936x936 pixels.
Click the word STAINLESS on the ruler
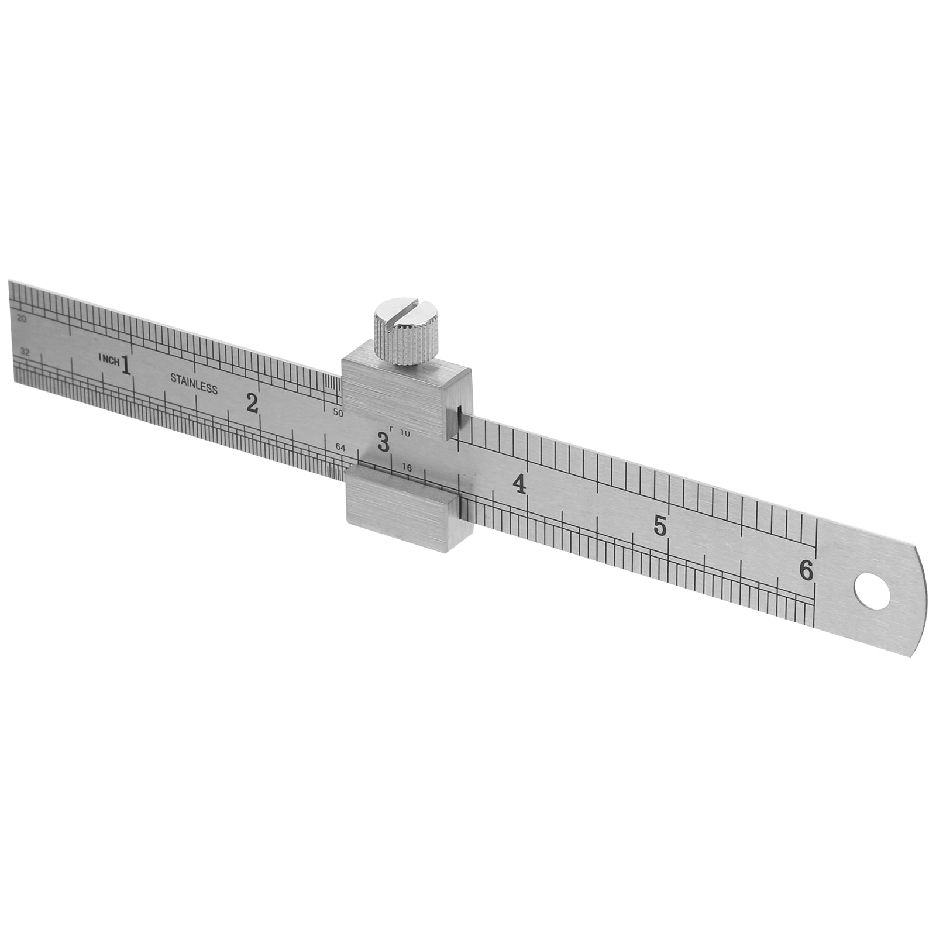click(194, 383)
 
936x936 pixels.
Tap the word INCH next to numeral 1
click(109, 360)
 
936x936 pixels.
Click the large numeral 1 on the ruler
click(125, 364)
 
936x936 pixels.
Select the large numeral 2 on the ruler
click(252, 403)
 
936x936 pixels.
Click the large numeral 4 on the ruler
click(518, 484)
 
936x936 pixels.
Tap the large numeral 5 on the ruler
click(660, 526)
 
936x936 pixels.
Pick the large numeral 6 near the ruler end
click(807, 570)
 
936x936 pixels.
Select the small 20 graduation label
click(22, 319)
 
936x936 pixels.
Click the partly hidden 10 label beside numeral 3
click(405, 434)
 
